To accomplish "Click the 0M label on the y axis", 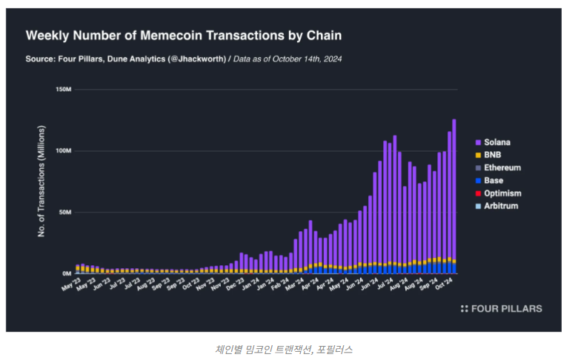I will click(65, 273).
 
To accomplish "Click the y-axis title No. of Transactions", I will click(42, 181).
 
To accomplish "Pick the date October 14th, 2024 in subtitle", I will click(304, 59).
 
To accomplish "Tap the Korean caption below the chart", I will click(288, 348).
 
